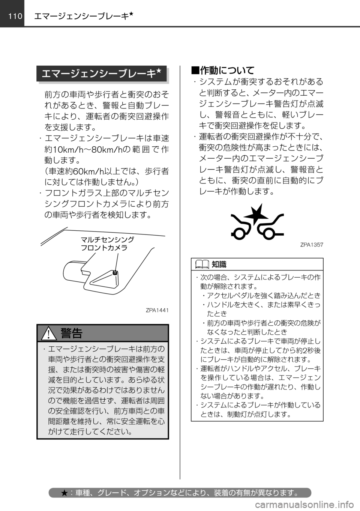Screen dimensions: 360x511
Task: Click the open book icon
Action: (202, 265)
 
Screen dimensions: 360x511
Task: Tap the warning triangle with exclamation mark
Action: (49, 333)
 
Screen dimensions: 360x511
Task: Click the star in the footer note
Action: (64, 492)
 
